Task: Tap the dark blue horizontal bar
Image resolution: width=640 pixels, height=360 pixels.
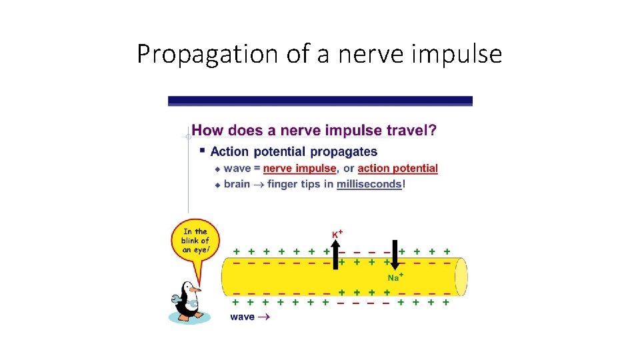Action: pyautogui.click(x=320, y=101)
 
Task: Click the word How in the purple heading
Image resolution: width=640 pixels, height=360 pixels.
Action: pyautogui.click(x=206, y=131)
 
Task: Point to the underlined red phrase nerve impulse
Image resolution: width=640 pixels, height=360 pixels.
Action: pyautogui.click(x=301, y=169)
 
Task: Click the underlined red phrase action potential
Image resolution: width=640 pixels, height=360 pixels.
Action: pyautogui.click(x=397, y=169)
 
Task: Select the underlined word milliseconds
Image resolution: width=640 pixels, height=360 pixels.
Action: pyautogui.click(x=369, y=184)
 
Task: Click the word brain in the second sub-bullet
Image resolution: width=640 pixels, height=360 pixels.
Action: pyautogui.click(x=237, y=184)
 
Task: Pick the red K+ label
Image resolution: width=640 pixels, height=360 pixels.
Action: pyautogui.click(x=337, y=234)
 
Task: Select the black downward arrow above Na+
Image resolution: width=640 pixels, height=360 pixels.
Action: pyautogui.click(x=394, y=255)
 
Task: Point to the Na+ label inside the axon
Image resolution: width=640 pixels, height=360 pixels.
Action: pyautogui.click(x=395, y=277)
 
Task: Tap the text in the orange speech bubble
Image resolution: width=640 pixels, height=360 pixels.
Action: pyautogui.click(x=195, y=241)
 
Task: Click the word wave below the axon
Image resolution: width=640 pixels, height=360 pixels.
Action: pyautogui.click(x=242, y=317)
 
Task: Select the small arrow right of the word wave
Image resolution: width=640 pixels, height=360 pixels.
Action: pyautogui.click(x=264, y=317)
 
